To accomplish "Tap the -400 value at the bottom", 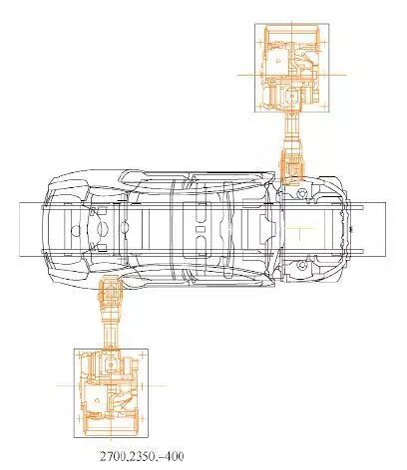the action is click(170, 457).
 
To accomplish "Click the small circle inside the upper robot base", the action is click(278, 61).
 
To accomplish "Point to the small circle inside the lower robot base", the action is click(97, 400).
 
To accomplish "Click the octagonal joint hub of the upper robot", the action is click(291, 96).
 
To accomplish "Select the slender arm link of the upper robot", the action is click(292, 131).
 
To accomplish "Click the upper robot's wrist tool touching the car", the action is click(292, 167).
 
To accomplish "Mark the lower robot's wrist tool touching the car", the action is click(110, 292).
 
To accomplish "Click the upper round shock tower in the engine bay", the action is click(301, 193).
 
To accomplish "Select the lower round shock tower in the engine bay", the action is click(301, 265).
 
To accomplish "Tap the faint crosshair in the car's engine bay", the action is click(300, 228).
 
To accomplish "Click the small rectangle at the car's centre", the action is click(200, 229).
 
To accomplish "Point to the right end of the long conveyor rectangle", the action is click(386, 229).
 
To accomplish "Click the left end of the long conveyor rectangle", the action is click(19, 229).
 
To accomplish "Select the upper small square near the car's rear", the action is click(102, 210).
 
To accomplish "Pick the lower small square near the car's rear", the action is click(102, 248).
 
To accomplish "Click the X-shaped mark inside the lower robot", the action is click(123, 406).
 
